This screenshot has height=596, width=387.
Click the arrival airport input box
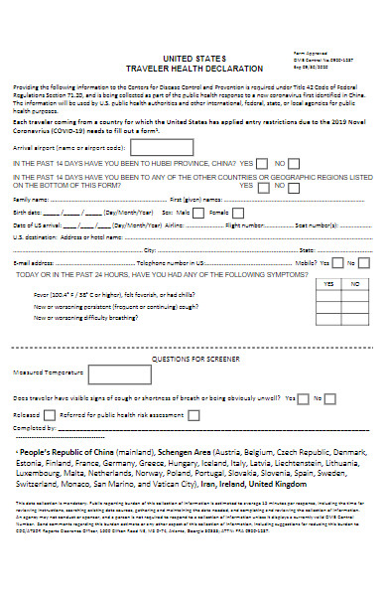[163, 147]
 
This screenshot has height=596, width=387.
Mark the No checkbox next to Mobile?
[367, 263]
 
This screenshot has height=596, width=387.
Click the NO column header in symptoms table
[354, 283]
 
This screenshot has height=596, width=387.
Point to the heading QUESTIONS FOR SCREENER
[193, 358]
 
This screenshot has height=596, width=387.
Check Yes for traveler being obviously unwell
[304, 399]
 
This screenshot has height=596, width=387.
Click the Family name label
[31, 200]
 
